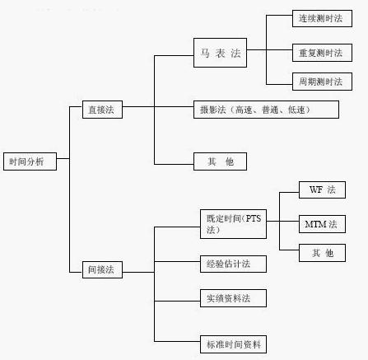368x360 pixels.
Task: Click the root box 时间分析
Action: [30, 162]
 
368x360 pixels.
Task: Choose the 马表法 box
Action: [220, 52]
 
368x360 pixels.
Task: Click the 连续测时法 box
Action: [321, 18]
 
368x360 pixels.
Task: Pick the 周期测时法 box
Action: [321, 82]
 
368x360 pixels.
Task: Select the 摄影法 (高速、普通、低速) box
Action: [266, 109]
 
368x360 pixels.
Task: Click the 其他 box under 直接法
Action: [220, 162]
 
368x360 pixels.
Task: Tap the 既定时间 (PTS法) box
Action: [233, 224]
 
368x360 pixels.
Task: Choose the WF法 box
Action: [322, 190]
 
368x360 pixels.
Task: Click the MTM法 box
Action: [322, 223]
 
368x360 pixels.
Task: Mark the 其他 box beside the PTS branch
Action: [322, 253]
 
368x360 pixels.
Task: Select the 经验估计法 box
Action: [233, 264]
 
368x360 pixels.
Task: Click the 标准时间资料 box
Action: [233, 344]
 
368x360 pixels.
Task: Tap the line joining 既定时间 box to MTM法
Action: [284, 222]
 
